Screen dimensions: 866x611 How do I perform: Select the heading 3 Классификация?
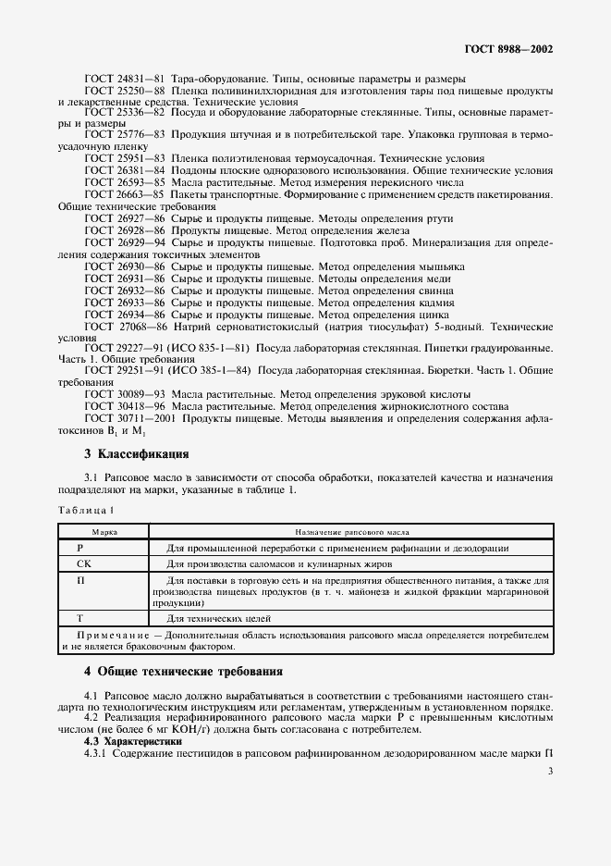(x=137, y=454)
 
